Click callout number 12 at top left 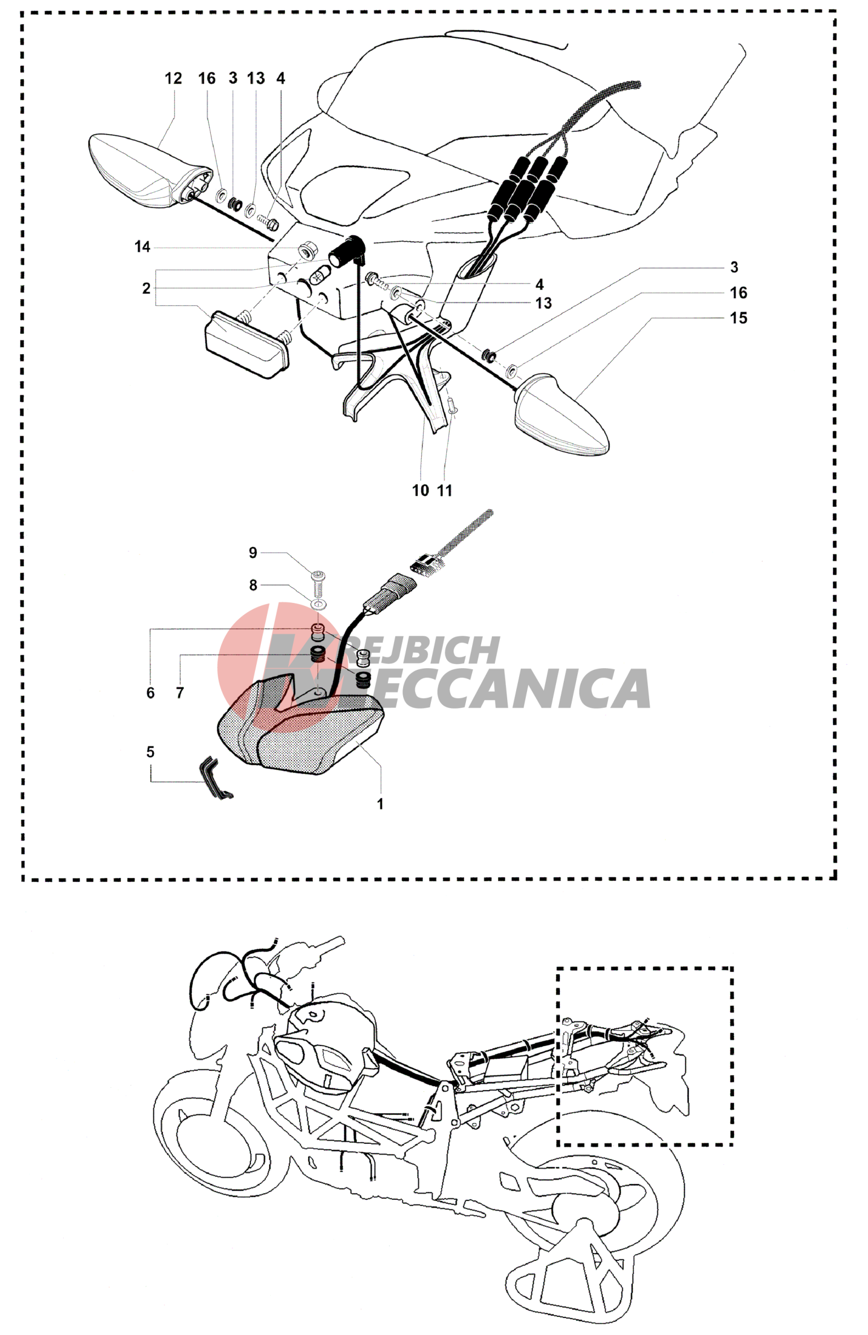173,78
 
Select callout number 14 142,247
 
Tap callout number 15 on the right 739,318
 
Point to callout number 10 421,490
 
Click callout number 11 445,490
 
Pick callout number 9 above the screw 253,553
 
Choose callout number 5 150,752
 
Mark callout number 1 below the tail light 381,804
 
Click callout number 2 146,288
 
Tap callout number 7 180,692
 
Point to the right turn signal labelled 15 562,412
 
